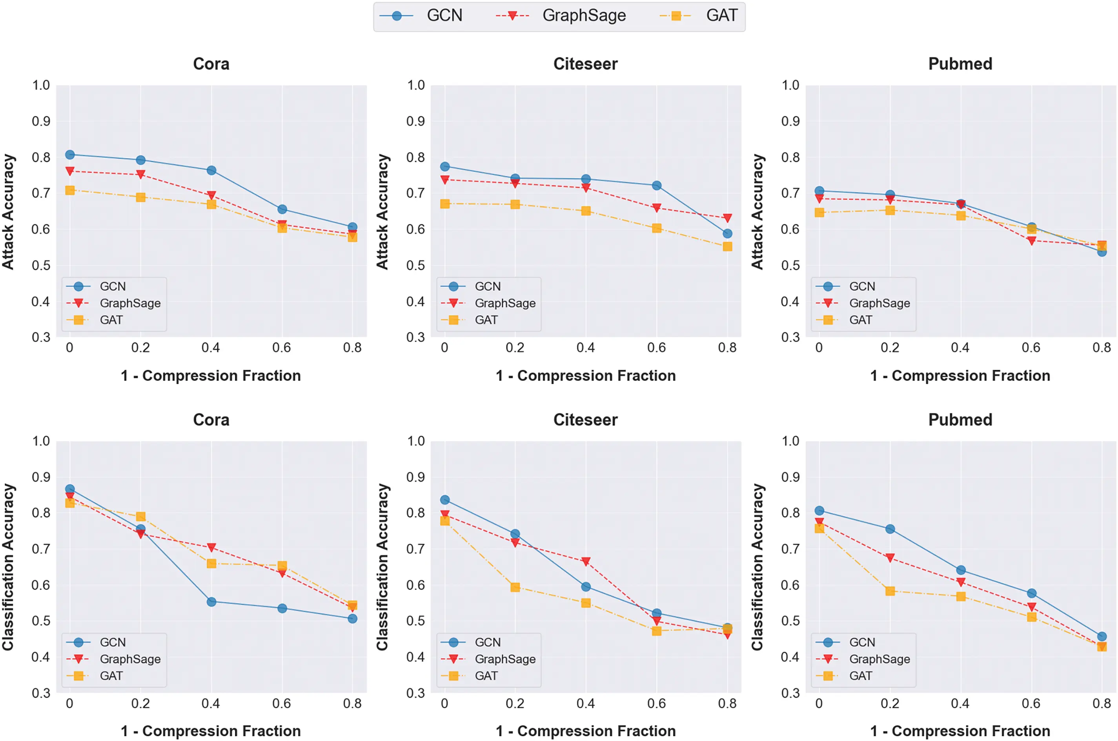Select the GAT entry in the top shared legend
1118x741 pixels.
[698, 16]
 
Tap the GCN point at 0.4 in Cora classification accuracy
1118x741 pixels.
[211, 602]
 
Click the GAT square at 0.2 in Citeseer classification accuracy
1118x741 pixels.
[515, 587]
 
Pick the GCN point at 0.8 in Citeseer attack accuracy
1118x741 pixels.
[727, 233]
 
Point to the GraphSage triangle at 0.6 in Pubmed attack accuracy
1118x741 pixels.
[1032, 241]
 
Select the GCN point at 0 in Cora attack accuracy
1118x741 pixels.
[70, 155]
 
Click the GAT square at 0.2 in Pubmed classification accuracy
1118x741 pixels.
[890, 591]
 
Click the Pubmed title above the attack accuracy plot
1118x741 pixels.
[960, 64]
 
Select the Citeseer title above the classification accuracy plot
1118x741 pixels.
[585, 420]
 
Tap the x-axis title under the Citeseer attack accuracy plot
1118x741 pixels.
[585, 376]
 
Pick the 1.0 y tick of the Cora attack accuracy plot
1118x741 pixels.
[41, 85]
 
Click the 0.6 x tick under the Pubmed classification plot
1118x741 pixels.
[1031, 704]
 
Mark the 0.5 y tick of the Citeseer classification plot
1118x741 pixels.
[416, 621]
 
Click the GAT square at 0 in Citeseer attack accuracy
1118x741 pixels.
[444, 204]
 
